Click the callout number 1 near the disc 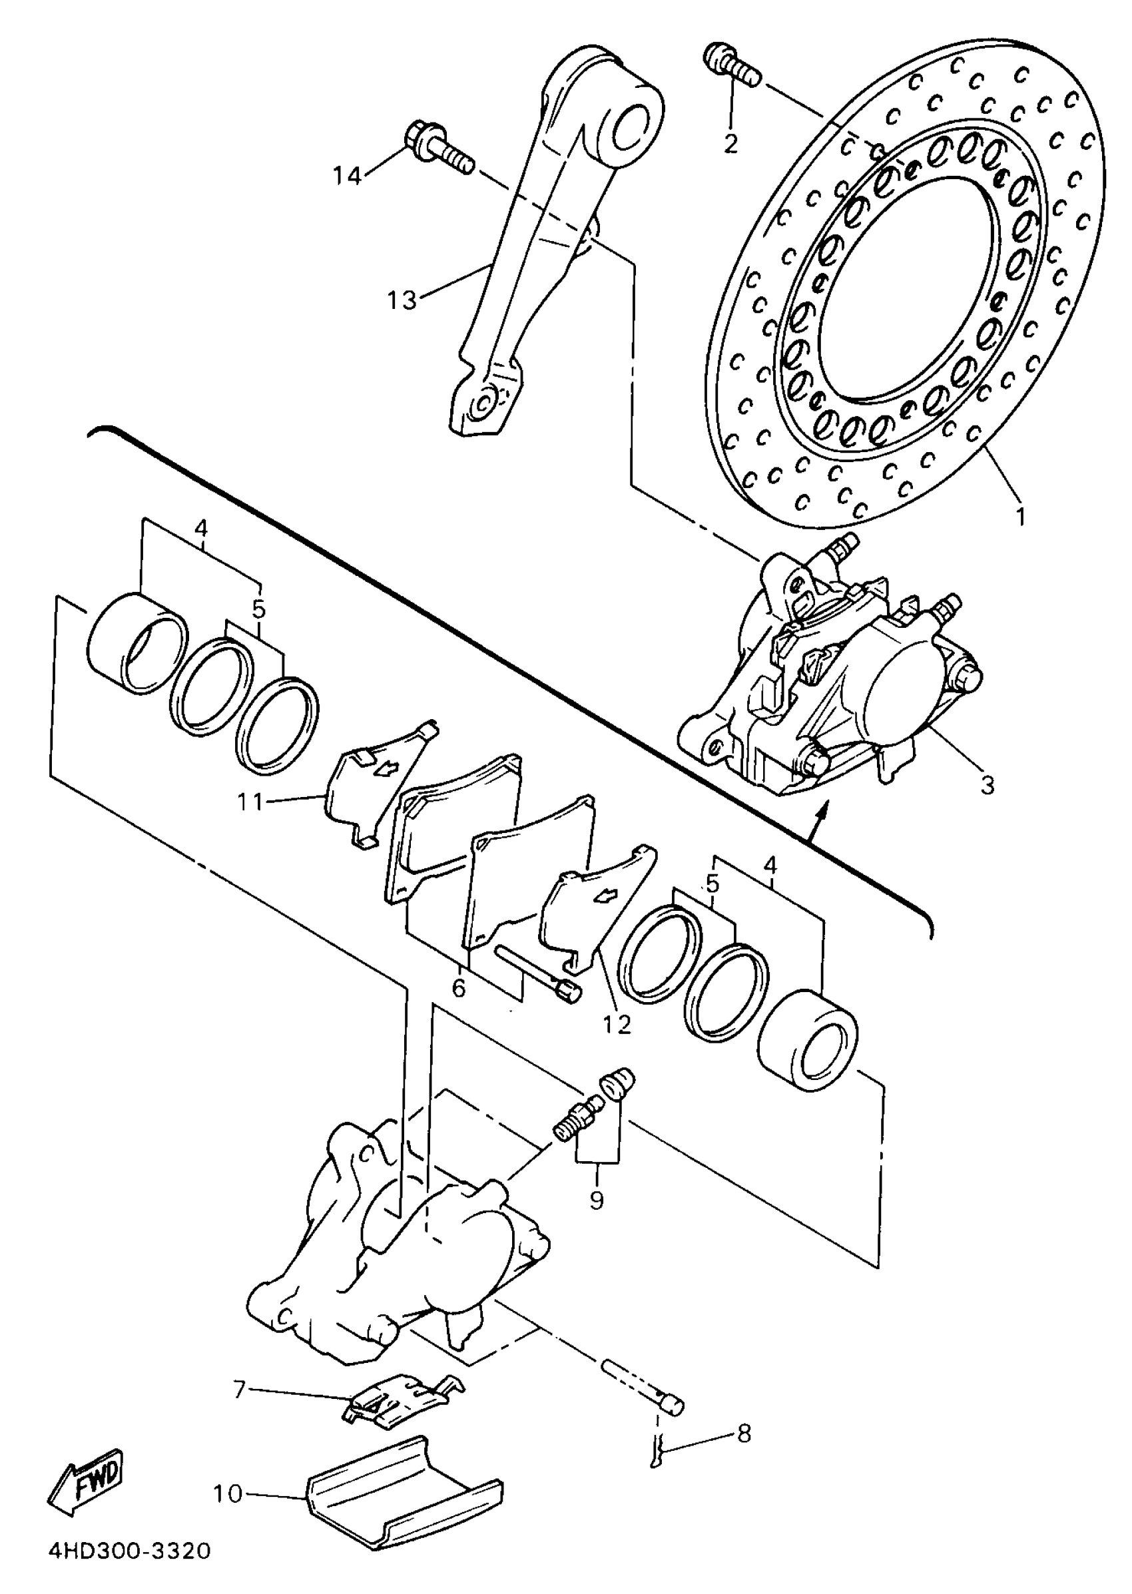(1021, 517)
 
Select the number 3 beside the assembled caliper (987, 785)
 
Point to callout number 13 (402, 300)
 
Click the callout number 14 (346, 176)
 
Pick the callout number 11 (250, 802)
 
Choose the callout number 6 (459, 987)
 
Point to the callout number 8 (744, 1433)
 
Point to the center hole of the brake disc (906, 286)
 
